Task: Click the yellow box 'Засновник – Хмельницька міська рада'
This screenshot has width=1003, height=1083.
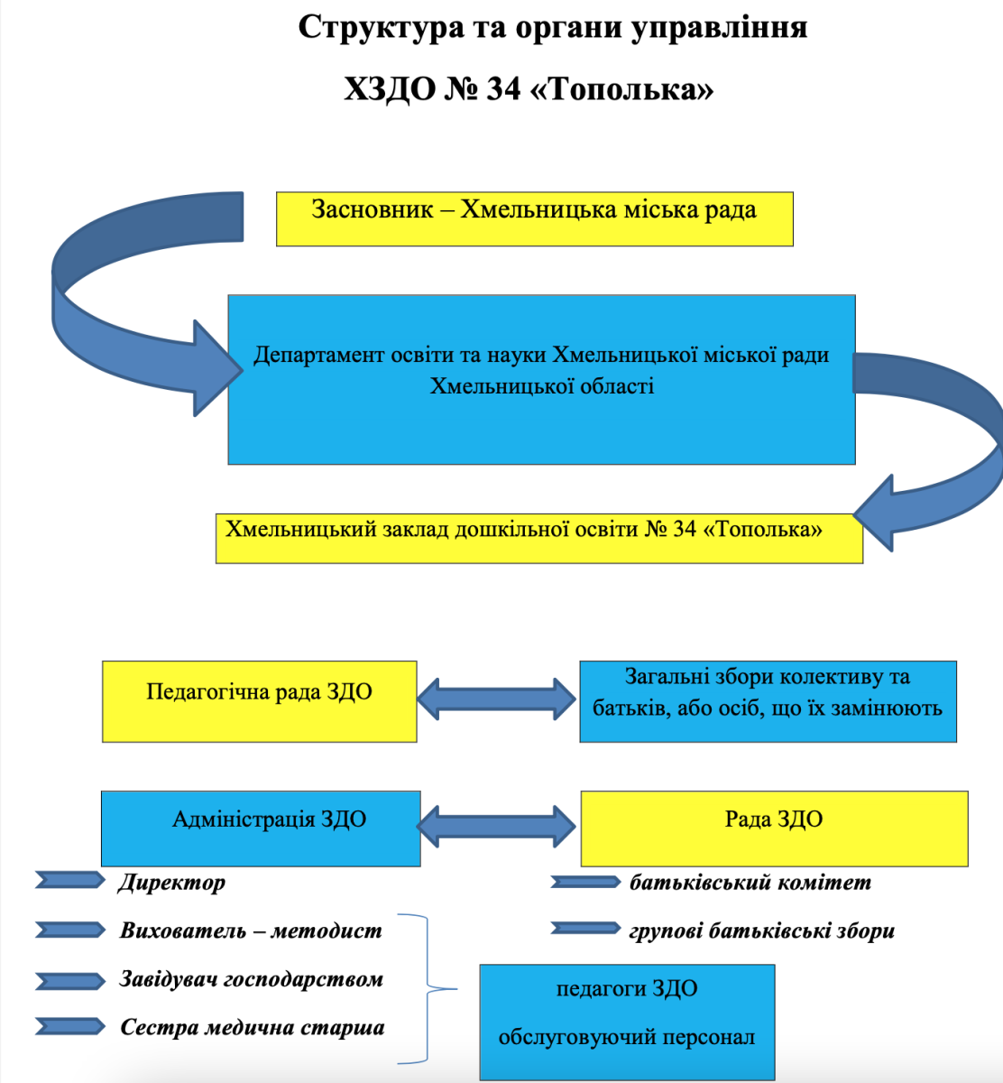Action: coord(534,218)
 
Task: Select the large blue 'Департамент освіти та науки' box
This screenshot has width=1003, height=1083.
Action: coord(541,379)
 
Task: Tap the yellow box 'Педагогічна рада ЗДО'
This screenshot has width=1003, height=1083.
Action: coord(259,701)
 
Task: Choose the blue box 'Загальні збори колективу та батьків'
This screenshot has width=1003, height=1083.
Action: coord(767,701)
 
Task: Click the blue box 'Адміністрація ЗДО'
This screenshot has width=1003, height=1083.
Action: coord(261,828)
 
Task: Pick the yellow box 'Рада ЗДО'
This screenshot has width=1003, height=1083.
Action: coord(774,828)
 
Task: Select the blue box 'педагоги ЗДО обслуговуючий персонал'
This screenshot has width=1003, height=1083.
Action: coord(627,1022)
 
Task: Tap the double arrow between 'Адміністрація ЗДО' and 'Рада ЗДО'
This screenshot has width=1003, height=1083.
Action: coord(497,825)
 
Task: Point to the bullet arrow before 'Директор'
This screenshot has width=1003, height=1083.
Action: coord(70,880)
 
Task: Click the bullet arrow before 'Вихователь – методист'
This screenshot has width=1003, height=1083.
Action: coord(70,930)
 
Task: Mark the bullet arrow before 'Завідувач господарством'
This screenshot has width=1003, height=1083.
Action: coord(70,980)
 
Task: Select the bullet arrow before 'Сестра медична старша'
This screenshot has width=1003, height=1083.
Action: coord(70,1027)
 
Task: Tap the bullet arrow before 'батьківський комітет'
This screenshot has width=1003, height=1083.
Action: coord(585,882)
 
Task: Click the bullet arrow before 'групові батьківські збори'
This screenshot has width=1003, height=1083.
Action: coord(585,928)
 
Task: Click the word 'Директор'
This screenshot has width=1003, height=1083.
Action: coord(171,883)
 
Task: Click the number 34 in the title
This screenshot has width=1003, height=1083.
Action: coord(503,89)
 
